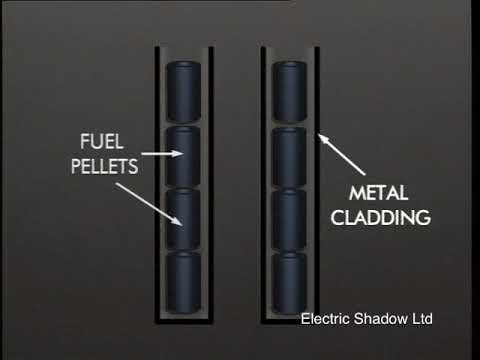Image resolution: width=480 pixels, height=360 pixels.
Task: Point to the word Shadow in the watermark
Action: (x=384, y=320)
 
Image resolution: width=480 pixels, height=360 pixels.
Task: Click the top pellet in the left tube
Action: (x=184, y=93)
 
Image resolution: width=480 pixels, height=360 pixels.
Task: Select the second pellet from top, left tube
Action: (x=184, y=156)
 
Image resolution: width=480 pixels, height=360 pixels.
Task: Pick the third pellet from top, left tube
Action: (x=184, y=219)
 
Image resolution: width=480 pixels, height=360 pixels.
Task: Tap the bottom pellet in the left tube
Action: (x=184, y=281)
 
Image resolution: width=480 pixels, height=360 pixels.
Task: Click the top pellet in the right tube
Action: (x=291, y=93)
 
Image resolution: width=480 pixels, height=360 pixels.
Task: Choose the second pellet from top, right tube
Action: (x=291, y=156)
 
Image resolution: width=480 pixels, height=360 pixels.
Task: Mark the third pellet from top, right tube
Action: (x=291, y=219)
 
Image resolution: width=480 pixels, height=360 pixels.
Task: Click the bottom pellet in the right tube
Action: (x=291, y=281)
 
